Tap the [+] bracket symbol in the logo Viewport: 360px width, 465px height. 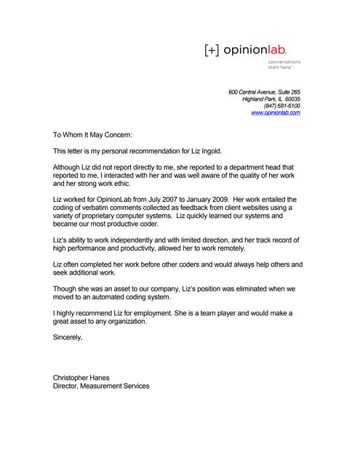(211, 49)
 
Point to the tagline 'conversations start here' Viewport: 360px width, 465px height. (284, 65)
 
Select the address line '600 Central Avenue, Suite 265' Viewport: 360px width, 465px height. (264, 92)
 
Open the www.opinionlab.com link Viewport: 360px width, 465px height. (276, 113)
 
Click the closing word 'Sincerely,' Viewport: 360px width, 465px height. (68, 338)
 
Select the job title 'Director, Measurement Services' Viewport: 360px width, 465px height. (101, 387)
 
